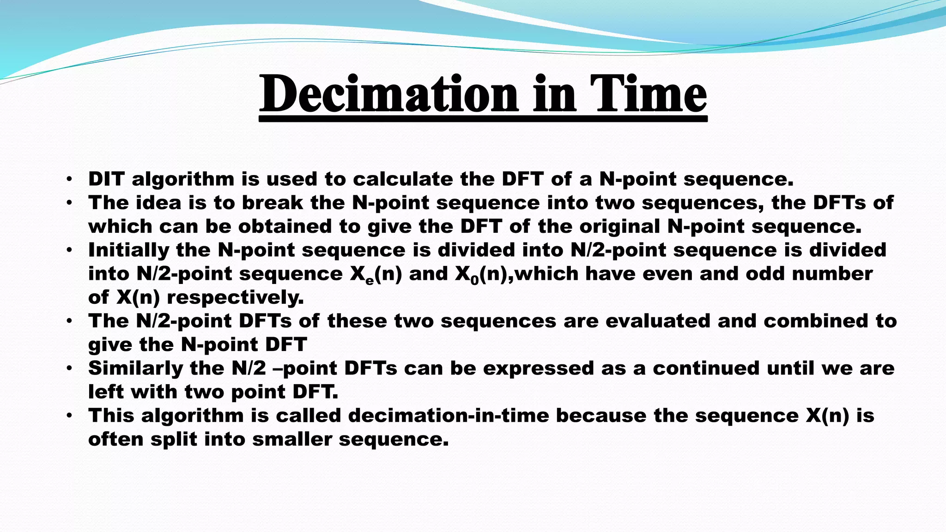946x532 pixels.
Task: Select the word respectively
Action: coord(235,297)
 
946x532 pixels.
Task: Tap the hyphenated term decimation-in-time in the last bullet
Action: coord(448,415)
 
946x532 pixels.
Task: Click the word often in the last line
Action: coord(115,439)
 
